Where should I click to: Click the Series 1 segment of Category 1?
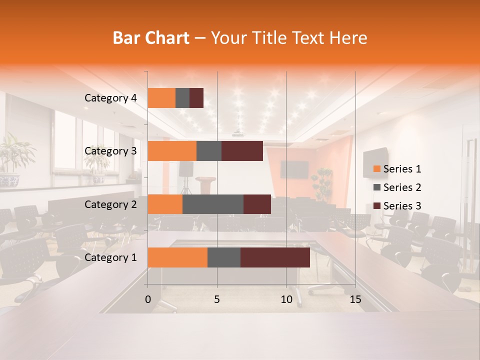click(x=177, y=257)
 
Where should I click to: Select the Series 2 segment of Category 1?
click(x=224, y=257)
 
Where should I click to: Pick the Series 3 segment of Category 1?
click(x=275, y=257)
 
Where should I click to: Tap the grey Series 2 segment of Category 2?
click(x=213, y=204)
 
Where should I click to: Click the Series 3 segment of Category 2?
click(x=257, y=204)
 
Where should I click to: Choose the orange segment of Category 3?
click(x=172, y=151)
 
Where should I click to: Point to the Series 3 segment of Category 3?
click(x=242, y=151)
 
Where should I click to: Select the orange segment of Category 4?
click(x=161, y=98)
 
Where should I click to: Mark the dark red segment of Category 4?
click(x=196, y=98)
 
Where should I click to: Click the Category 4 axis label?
click(x=110, y=98)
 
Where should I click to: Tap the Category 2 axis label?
click(x=110, y=204)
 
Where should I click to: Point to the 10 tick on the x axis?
click(x=286, y=299)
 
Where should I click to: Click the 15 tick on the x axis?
click(x=355, y=299)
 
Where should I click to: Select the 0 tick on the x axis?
click(x=147, y=299)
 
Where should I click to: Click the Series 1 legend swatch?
click(x=376, y=169)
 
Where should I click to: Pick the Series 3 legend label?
click(x=402, y=206)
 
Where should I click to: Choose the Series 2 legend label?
click(x=402, y=187)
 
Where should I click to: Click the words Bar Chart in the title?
click(x=151, y=38)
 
